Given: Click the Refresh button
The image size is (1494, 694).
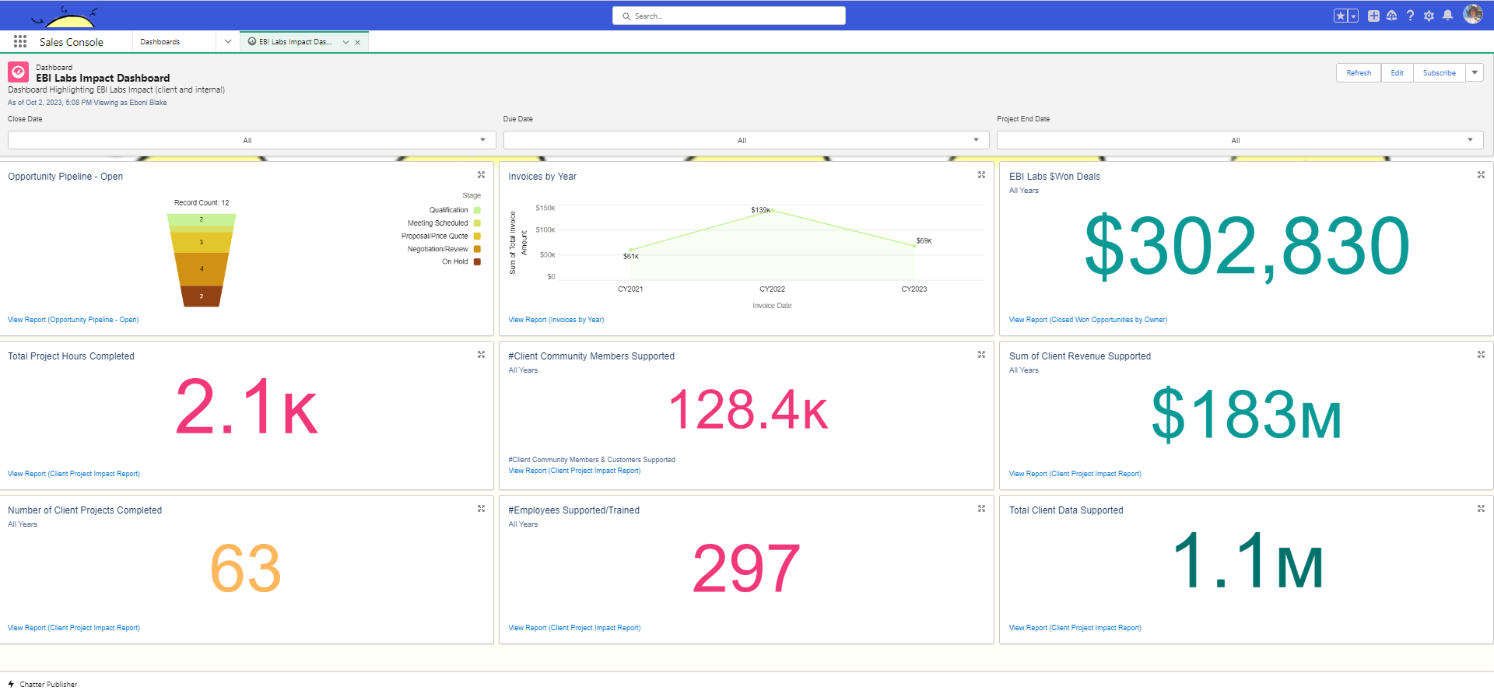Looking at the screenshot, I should [1359, 73].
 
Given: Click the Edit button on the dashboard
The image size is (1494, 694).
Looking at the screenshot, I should [1397, 73].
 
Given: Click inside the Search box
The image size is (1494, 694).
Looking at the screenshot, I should [731, 16].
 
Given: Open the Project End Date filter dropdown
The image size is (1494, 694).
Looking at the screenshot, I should [1240, 140].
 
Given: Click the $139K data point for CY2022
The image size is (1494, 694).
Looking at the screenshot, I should [772, 210].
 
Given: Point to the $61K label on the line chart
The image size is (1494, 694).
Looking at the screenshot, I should [631, 256].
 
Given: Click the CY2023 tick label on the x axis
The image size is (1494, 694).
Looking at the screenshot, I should [914, 289].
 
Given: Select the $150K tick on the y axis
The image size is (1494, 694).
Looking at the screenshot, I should [545, 208].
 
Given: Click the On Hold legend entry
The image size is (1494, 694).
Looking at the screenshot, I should [455, 262].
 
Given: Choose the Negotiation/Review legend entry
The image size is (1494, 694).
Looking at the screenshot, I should [438, 249].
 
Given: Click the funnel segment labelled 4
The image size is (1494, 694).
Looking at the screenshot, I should [202, 269].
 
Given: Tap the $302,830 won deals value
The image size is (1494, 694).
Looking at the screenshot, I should [1247, 247].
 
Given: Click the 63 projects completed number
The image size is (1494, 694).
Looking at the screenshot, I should [245, 569].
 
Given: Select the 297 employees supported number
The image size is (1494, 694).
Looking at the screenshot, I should [745, 569].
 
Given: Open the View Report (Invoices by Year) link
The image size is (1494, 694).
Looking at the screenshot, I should [556, 320].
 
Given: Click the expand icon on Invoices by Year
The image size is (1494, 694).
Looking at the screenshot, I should [981, 175].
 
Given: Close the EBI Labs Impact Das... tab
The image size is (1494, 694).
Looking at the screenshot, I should [357, 43].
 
